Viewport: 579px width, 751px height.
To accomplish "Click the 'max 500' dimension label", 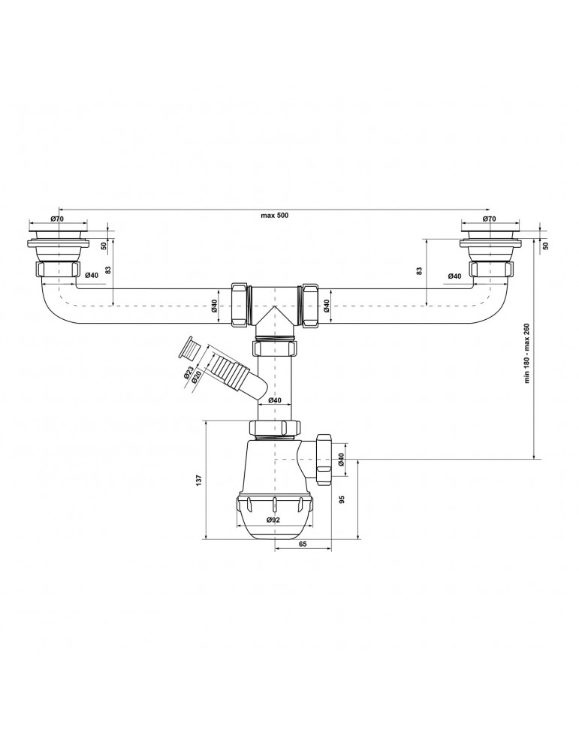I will pos(274,216).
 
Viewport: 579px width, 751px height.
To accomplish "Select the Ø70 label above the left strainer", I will pos(56,219).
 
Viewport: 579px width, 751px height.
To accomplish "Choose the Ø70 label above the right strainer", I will pos(489,219).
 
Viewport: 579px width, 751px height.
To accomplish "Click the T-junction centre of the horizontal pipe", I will pos(275,304).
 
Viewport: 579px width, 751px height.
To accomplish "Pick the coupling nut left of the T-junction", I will pos(239,304).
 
